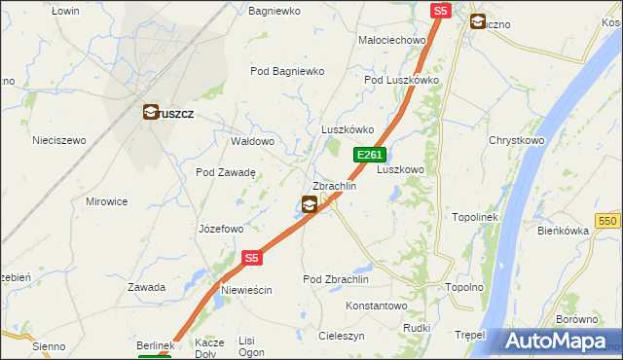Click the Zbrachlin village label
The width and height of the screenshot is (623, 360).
(x=334, y=186)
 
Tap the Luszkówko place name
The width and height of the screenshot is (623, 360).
(x=348, y=129)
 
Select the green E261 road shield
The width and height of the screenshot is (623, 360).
(x=370, y=155)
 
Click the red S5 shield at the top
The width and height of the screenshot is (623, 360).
(x=441, y=11)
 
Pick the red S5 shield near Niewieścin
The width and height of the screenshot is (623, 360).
(x=252, y=258)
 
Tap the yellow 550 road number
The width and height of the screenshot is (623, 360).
(x=608, y=222)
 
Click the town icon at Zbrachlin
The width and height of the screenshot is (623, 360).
(x=309, y=204)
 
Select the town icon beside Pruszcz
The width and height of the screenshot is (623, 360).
(x=151, y=113)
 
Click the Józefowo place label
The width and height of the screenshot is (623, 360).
(x=220, y=230)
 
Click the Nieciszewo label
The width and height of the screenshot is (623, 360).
(x=59, y=140)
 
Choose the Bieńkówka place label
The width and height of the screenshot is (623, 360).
(x=564, y=231)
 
